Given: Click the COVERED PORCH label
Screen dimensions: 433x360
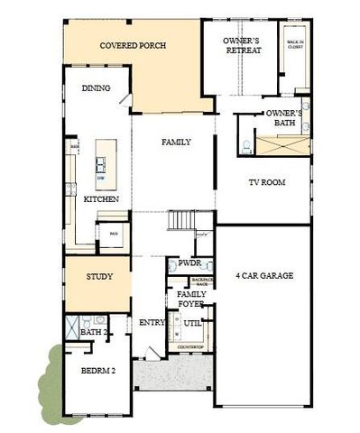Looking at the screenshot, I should click(133, 45).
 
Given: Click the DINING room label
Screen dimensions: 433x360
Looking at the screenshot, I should click(97, 88).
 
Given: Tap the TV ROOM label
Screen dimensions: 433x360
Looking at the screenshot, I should click(267, 182).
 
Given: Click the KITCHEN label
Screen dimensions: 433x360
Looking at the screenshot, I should click(101, 198).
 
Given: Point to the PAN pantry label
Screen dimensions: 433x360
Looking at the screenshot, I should click(113, 233).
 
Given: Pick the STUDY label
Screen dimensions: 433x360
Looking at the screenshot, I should click(99, 277).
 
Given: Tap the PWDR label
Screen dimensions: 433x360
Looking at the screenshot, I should click(189, 264).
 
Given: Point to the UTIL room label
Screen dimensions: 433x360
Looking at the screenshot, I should click(192, 323).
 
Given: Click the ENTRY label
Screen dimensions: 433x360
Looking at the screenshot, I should click(149, 323).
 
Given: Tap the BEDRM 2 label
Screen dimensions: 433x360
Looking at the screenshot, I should click(98, 371).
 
